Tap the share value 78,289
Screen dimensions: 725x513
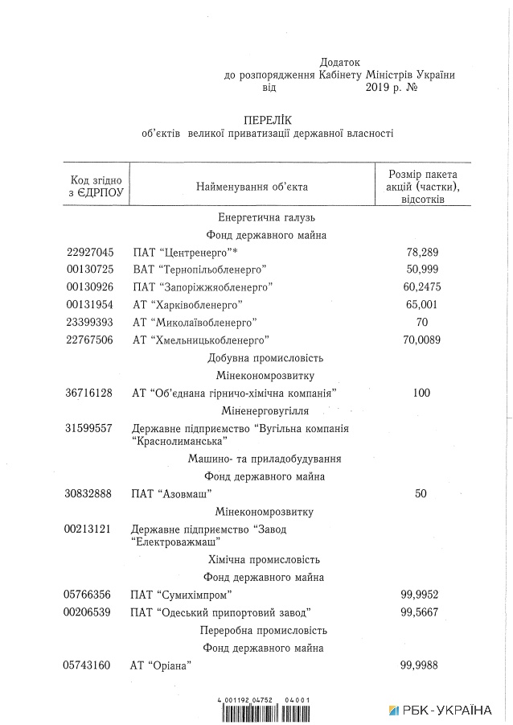[422, 252]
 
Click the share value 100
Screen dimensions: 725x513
[421, 393]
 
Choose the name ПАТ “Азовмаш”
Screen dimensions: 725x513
[171, 493]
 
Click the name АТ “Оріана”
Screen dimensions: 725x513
[160, 665]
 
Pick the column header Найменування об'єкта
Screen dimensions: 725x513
[252, 187]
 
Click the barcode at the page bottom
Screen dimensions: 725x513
[265, 710]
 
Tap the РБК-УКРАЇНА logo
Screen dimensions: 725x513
[441, 710]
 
